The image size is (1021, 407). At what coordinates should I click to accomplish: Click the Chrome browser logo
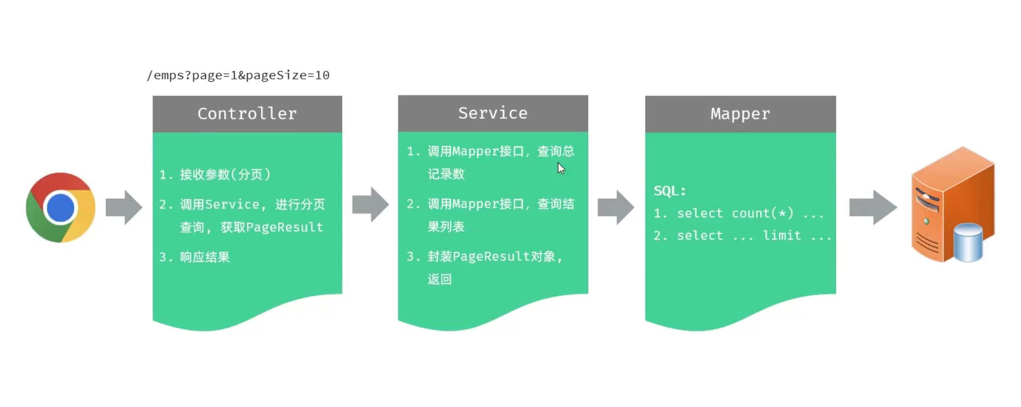(60, 207)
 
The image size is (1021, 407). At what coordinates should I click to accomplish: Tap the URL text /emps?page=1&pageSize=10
(238, 75)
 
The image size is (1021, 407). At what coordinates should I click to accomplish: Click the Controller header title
(247, 114)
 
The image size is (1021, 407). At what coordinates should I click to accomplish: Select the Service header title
(492, 113)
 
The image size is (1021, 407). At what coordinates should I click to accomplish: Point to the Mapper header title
(740, 114)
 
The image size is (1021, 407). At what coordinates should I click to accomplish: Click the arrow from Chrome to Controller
(124, 207)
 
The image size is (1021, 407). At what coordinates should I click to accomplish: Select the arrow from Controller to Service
(370, 204)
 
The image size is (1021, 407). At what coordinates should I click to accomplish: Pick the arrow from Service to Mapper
(616, 207)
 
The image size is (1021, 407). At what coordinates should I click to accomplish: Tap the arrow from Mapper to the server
(873, 207)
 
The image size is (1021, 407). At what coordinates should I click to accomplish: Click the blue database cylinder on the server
(968, 242)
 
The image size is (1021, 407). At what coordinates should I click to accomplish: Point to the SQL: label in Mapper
(670, 191)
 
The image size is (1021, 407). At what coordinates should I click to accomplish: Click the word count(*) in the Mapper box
(762, 213)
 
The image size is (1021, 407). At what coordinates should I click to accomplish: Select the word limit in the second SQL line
(782, 235)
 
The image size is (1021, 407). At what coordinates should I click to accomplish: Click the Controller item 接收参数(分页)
(225, 174)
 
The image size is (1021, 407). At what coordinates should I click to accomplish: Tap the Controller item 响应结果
(204, 257)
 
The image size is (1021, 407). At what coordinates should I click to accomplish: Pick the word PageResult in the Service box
(491, 257)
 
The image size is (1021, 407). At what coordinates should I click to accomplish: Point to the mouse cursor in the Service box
(561, 168)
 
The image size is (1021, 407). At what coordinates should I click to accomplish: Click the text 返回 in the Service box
(439, 279)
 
